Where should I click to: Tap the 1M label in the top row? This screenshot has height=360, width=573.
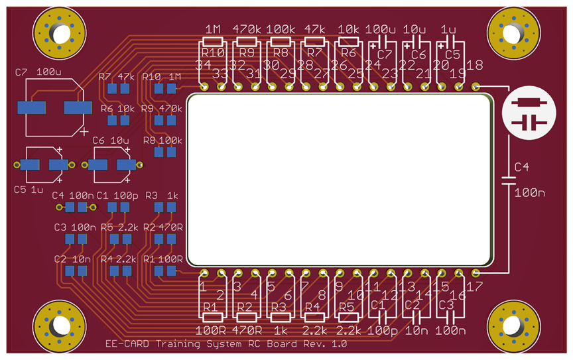pos(213,30)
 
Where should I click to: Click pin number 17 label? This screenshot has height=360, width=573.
pos(475,286)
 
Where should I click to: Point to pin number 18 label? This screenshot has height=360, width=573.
pos(475,65)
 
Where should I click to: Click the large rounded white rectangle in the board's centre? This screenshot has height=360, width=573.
pos(340,180)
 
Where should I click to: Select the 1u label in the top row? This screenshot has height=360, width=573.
pos(449,30)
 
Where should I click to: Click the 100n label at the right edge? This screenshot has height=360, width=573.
pos(529,193)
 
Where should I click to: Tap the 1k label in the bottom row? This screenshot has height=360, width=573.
pos(280,330)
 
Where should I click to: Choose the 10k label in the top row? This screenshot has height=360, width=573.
pos(349,30)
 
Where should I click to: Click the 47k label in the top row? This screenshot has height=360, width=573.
pos(314,30)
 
